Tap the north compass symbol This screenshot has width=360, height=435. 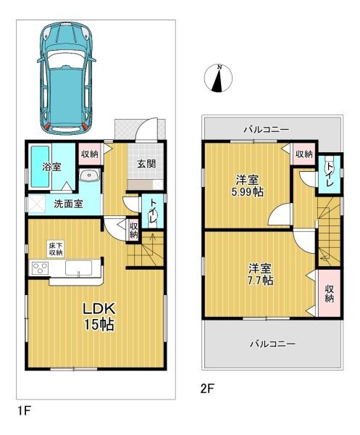[217, 78]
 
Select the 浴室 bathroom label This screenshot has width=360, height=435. [51, 167]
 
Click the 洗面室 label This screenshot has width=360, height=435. [67, 204]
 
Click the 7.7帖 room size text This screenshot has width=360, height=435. [258, 280]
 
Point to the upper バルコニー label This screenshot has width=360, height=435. [265, 129]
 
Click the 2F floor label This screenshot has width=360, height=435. [208, 388]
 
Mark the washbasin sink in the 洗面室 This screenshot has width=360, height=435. [91, 175]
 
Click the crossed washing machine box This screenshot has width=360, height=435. [36, 204]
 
